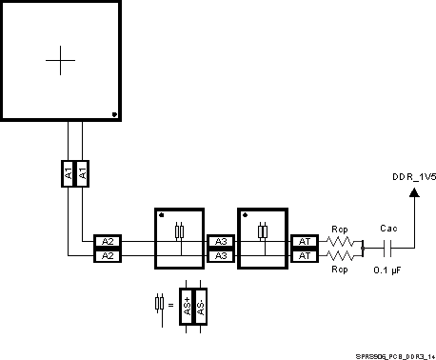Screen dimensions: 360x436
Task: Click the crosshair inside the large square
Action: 60,60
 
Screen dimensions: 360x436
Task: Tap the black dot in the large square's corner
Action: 114,114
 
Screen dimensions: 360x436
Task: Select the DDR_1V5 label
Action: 414,177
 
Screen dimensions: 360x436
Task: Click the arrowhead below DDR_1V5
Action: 414,193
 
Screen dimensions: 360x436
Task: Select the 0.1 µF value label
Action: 387,270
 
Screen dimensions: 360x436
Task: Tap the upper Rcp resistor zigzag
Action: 340,242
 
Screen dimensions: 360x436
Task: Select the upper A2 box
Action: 108,242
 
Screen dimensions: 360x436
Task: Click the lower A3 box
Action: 220,255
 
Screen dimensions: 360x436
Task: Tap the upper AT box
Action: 304,242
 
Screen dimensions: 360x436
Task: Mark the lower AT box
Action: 304,255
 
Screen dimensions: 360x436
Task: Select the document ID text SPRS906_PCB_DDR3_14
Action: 396,353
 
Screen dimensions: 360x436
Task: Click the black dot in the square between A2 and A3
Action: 161,214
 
